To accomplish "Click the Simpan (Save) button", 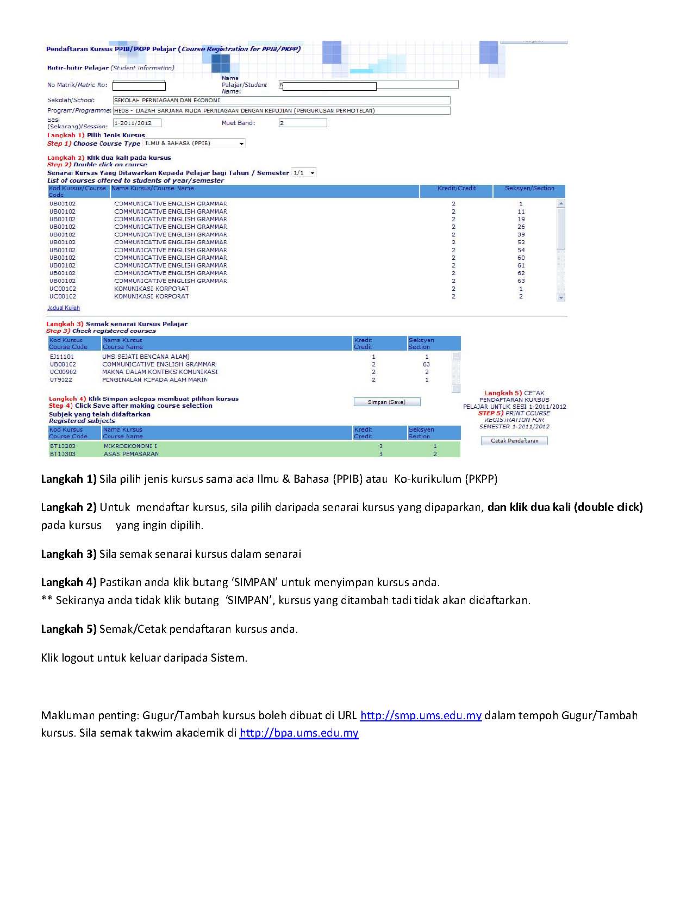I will [x=386, y=402].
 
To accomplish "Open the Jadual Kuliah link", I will [x=64, y=308].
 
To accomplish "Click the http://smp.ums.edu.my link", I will [x=421, y=715].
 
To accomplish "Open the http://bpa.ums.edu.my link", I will [x=299, y=733].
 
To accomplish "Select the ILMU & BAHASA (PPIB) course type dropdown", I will [x=194, y=144].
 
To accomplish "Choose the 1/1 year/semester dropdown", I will [x=304, y=173].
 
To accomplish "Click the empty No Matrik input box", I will [x=139, y=86].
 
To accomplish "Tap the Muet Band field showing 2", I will [x=303, y=123].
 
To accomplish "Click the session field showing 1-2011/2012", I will [x=136, y=123].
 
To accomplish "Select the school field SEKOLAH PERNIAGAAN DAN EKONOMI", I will [x=282, y=100].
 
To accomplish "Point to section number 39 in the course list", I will [x=521, y=235].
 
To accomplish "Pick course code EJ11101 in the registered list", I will [x=62, y=357].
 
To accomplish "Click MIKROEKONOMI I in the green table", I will [x=130, y=446].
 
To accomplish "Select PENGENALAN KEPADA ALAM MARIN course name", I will [x=155, y=380].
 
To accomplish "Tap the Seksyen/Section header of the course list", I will [x=529, y=189].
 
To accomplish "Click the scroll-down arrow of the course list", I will [x=561, y=297].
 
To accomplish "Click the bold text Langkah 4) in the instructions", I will [x=68, y=582].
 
